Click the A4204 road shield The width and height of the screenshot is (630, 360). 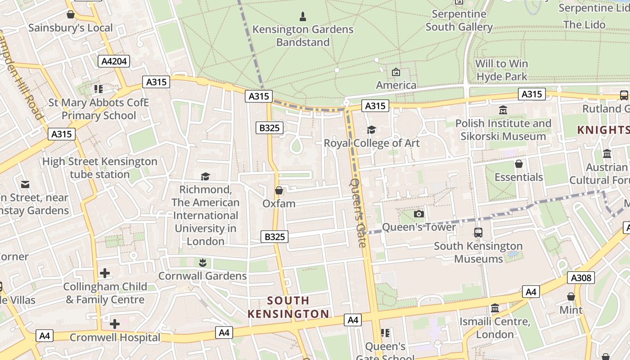click(x=114, y=61)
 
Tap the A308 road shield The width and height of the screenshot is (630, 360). click(x=580, y=278)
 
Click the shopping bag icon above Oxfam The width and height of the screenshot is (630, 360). click(x=279, y=190)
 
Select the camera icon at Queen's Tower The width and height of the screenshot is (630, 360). click(x=418, y=214)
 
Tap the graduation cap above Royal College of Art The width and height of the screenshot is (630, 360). click(x=371, y=130)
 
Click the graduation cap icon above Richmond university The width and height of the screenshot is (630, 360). click(x=205, y=176)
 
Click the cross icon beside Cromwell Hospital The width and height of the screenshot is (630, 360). click(x=115, y=324)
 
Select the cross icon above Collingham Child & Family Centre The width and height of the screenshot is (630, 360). click(x=105, y=273)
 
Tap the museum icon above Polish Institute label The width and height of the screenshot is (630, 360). click(x=503, y=110)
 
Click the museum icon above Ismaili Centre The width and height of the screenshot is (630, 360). click(x=495, y=308)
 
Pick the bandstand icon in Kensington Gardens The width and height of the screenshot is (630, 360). click(x=303, y=17)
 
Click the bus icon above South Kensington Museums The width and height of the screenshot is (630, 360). click(x=478, y=233)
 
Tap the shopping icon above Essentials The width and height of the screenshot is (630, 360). click(x=518, y=164)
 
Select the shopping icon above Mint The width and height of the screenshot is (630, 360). click(x=571, y=297)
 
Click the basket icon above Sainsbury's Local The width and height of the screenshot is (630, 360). click(x=71, y=15)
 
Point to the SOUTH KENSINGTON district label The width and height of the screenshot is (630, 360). click(x=288, y=307)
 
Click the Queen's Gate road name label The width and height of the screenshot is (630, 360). click(x=358, y=213)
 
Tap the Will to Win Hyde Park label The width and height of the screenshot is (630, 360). click(x=502, y=70)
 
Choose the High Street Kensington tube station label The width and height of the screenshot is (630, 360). click(x=99, y=168)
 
